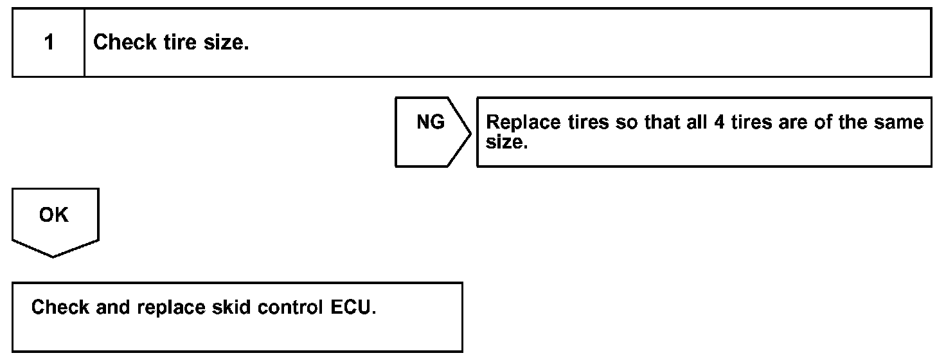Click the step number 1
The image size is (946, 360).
click(49, 43)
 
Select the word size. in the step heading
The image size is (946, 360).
click(227, 43)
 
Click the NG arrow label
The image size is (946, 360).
click(431, 122)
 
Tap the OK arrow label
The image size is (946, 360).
click(54, 215)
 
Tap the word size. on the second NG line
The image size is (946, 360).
click(506, 142)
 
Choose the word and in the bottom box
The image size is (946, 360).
click(114, 307)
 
